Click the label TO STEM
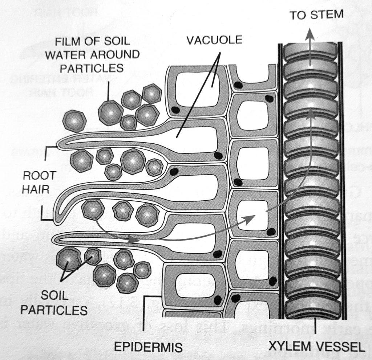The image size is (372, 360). (x=316, y=15)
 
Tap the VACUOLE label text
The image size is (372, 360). (x=214, y=39)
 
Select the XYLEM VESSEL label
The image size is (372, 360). (x=316, y=347)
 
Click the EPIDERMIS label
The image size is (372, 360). (x=148, y=347)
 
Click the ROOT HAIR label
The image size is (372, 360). (x=39, y=181)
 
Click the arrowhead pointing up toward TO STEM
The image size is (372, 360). (x=310, y=34)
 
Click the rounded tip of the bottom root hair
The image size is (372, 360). (x=56, y=239)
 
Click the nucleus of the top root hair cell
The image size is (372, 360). (x=218, y=156)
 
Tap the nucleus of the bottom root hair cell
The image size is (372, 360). (x=218, y=254)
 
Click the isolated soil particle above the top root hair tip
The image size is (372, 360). (x=74, y=120)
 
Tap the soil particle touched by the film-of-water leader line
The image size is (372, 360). (x=110, y=113)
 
